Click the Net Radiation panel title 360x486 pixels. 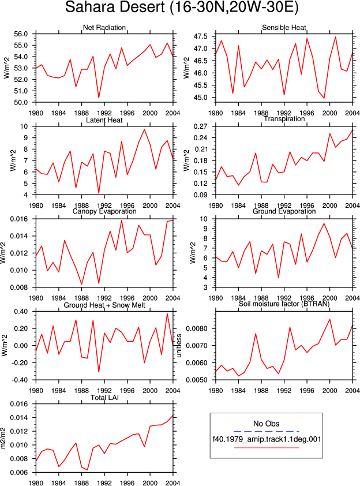coord(104,28)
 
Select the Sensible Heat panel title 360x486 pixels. coord(284,28)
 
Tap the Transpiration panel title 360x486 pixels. coord(284,119)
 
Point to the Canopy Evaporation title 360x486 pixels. coord(104,211)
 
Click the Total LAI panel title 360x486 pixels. coord(104,397)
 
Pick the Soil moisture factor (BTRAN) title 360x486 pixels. coord(284,304)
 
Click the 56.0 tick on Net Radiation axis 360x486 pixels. coord(21,34)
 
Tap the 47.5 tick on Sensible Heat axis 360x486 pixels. coord(200,36)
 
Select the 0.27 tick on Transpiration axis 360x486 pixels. coord(200,126)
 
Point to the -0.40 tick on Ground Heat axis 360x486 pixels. coord(20,380)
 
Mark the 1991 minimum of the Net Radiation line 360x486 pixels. coord(99,98)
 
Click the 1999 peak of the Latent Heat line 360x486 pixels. coord(144,129)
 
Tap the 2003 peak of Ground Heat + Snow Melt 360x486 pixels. coord(167,313)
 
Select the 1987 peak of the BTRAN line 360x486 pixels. coord(256,334)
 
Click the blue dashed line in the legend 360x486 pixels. coord(267,431)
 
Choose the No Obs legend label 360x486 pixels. coord(267,424)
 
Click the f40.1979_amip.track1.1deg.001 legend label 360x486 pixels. coord(267,439)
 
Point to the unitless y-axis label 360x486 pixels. coord(179,345)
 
